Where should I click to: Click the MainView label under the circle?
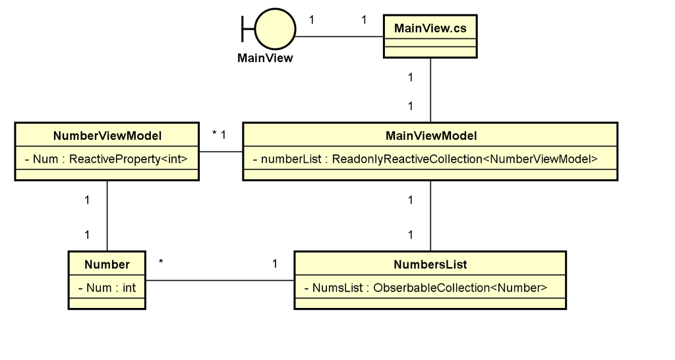[265, 58]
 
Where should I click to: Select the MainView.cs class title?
[430, 28]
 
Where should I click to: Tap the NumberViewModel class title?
[107, 136]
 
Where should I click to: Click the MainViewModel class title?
[430, 136]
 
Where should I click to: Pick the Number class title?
[107, 264]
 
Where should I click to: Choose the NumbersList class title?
[430, 264]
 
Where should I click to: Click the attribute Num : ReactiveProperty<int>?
[106, 159]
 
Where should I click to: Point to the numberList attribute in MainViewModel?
[429, 159]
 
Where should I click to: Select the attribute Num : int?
[107, 287]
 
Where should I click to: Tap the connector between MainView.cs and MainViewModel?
[430, 90]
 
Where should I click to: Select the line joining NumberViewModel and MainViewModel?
[221, 152]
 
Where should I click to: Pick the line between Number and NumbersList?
[220, 280]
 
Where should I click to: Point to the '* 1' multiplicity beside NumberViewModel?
[220, 135]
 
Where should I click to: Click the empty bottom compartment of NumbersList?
[430, 303]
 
